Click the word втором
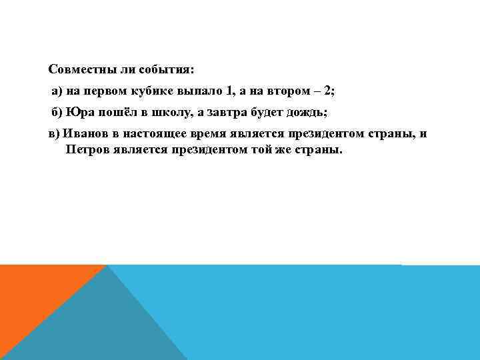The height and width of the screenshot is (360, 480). (287, 91)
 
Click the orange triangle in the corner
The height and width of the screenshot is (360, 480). (33, 293)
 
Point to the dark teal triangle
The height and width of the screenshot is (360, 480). (100, 320)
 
